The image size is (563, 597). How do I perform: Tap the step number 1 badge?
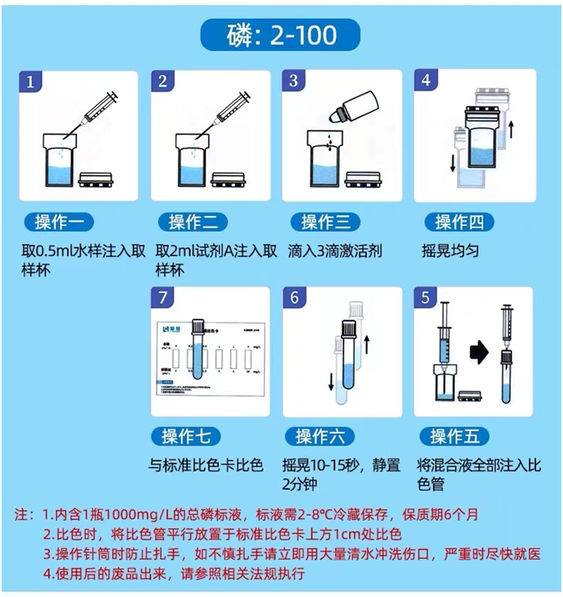click(32, 82)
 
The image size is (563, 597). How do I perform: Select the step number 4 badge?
click(426, 82)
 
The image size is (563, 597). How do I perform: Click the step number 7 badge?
click(164, 298)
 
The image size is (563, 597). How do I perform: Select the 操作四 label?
click(459, 221)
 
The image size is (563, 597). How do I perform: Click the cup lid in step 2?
click(228, 179)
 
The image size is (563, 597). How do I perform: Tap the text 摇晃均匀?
click(451, 251)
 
